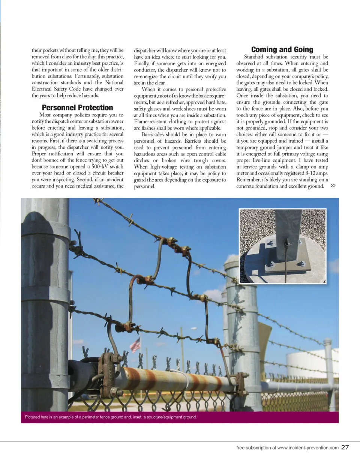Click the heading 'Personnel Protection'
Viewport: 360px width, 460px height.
click(77, 108)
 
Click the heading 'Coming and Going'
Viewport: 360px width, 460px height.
click(282, 49)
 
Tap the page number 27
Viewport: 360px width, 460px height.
click(345, 447)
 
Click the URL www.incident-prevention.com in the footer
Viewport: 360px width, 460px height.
click(308, 448)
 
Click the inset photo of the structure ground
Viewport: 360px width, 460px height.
click(282, 246)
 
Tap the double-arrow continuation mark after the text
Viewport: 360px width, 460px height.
click(333, 186)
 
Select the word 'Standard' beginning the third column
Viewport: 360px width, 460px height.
click(256, 57)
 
